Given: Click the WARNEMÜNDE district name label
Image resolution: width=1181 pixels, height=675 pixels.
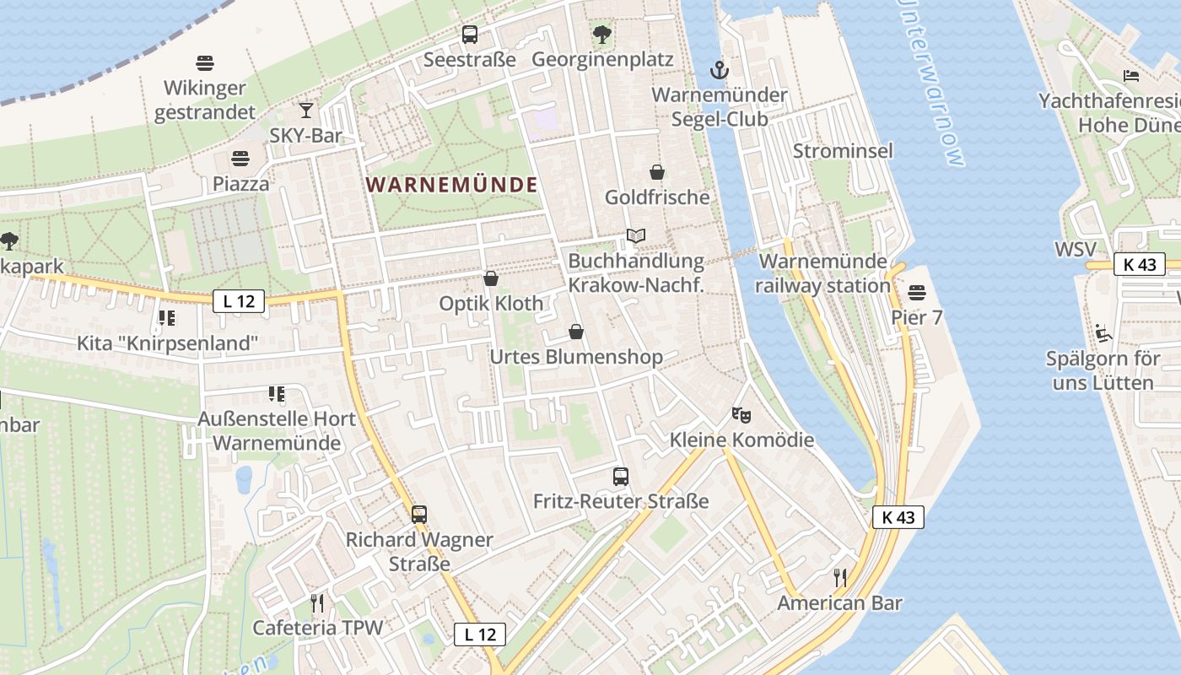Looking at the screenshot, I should [x=453, y=185].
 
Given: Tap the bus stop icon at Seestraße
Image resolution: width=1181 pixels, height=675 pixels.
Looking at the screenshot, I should [x=470, y=35].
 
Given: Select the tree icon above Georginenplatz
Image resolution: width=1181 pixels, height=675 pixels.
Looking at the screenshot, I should [x=601, y=35].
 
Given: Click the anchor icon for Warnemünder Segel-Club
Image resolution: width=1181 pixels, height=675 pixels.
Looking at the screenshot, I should [x=719, y=69].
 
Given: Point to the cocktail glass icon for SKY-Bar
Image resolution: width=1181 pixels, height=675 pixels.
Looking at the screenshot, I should [x=305, y=111].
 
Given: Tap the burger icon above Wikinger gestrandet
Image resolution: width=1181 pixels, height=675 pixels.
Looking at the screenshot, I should [x=205, y=62].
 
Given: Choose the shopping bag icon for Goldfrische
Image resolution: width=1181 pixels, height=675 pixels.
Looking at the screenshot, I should [x=657, y=172].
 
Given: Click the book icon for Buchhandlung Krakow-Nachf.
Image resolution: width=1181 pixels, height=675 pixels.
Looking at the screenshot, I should [x=636, y=235].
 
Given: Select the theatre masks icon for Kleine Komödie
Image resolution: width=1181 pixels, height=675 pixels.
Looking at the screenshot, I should [x=741, y=414].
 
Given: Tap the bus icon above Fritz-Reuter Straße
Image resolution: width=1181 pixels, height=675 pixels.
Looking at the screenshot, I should [x=621, y=476].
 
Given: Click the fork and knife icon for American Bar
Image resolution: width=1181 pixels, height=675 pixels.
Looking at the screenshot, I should [x=839, y=577].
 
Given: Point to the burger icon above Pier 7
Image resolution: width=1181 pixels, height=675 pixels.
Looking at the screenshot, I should [x=917, y=293].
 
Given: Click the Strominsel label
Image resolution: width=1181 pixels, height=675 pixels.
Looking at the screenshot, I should [x=843, y=151].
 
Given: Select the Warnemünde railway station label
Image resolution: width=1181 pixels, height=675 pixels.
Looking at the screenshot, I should [x=822, y=273].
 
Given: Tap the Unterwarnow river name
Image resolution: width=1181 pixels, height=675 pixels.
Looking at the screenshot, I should [x=932, y=84].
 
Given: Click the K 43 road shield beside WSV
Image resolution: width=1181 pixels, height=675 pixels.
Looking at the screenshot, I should [x=1139, y=264].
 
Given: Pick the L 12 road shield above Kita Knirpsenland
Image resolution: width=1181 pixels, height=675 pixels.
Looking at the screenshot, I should [x=239, y=300].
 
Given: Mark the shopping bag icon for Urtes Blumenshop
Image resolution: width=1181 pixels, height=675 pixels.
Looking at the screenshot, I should [x=576, y=332].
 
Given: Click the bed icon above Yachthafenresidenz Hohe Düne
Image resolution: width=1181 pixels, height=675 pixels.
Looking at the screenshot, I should [x=1131, y=75].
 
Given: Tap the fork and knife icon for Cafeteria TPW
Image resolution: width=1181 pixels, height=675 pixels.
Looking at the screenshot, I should [x=317, y=602].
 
